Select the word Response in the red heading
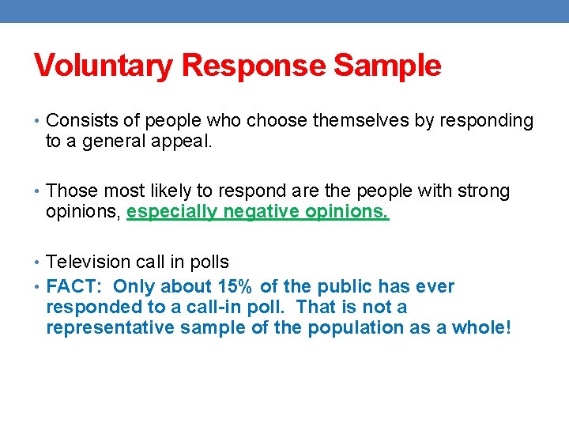tap(254, 66)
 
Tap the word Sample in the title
tap(387, 66)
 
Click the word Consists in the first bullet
tap(78, 121)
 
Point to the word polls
tap(210, 262)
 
